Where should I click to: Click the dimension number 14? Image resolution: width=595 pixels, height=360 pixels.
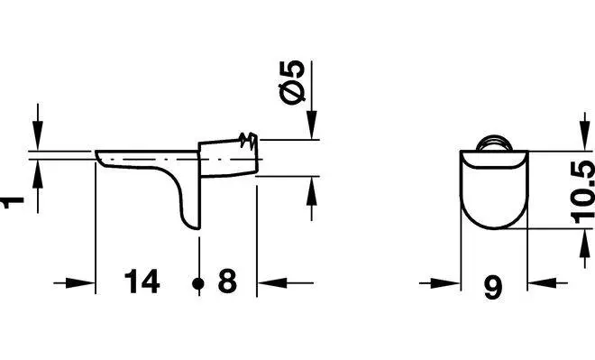point(142,282)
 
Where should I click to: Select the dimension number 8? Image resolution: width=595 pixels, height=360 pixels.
point(227,282)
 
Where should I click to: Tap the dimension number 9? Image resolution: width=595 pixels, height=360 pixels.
point(493,288)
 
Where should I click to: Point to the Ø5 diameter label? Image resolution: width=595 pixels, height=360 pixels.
point(292,81)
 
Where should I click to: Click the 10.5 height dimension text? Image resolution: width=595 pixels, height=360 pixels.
point(583,192)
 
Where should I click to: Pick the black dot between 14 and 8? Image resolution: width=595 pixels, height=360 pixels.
point(198,283)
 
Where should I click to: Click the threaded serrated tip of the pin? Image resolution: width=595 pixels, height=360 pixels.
point(249,140)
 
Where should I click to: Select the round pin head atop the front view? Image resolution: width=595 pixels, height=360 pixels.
point(494,143)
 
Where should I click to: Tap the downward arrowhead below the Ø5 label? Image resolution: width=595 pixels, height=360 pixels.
point(312,125)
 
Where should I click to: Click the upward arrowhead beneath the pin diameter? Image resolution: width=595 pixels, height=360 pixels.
point(312,191)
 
